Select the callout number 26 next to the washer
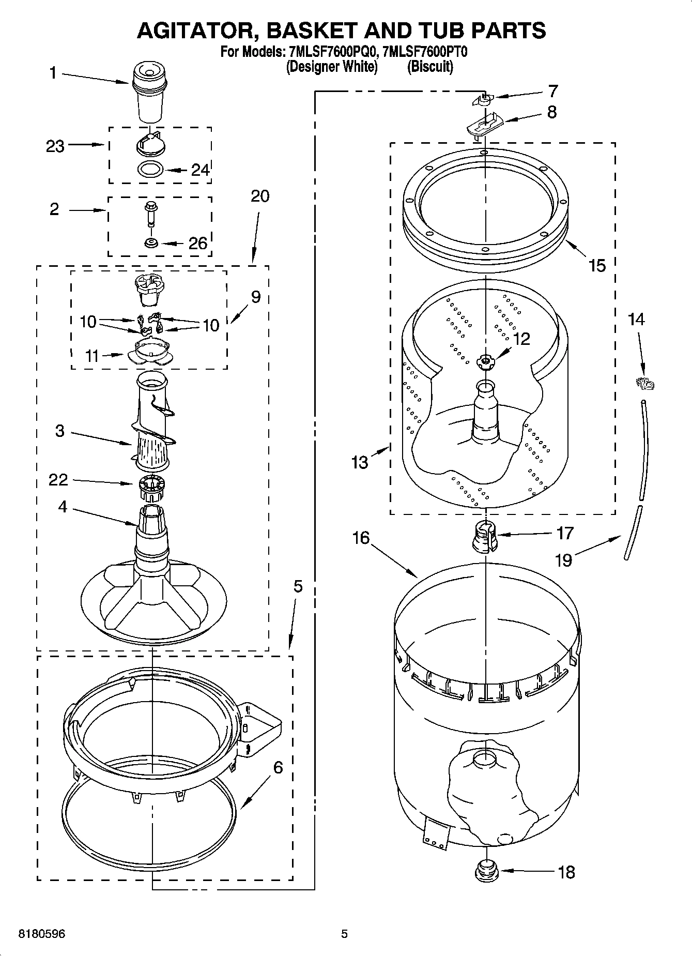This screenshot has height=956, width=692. click(197, 243)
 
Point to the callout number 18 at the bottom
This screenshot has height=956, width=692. click(566, 872)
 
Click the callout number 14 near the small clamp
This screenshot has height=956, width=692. click(636, 320)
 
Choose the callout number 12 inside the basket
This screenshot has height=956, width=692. click(521, 339)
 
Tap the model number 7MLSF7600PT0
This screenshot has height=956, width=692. click(423, 52)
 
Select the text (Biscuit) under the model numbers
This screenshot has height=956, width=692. click(430, 67)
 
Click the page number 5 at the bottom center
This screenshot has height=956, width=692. click(344, 934)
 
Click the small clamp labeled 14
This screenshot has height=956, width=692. click(645, 384)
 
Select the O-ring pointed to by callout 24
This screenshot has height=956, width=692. click(151, 169)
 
